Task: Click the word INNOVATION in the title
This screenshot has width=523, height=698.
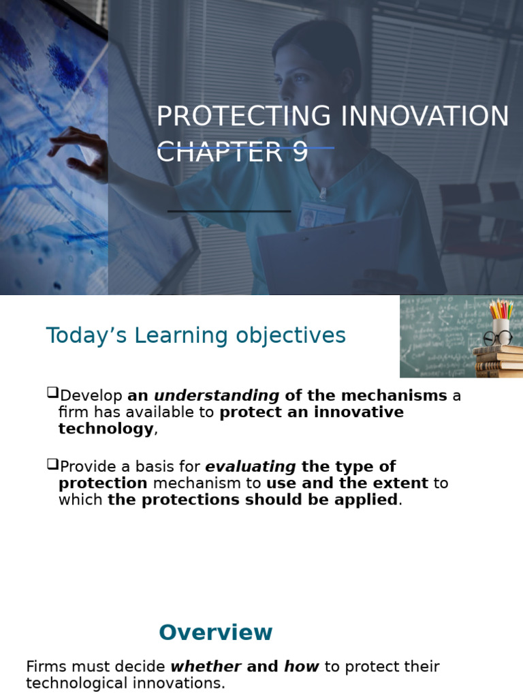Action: coord(425,117)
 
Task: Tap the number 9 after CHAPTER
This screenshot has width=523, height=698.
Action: coord(300,152)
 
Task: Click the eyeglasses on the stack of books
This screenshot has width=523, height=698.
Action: coord(498,337)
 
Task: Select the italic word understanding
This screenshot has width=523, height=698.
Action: coord(217,396)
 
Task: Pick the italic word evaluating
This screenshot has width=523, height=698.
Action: coord(251,467)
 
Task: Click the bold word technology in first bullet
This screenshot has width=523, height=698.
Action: coord(106,429)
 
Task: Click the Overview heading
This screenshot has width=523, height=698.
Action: coord(215,633)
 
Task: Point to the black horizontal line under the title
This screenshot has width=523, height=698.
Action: coord(229,211)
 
